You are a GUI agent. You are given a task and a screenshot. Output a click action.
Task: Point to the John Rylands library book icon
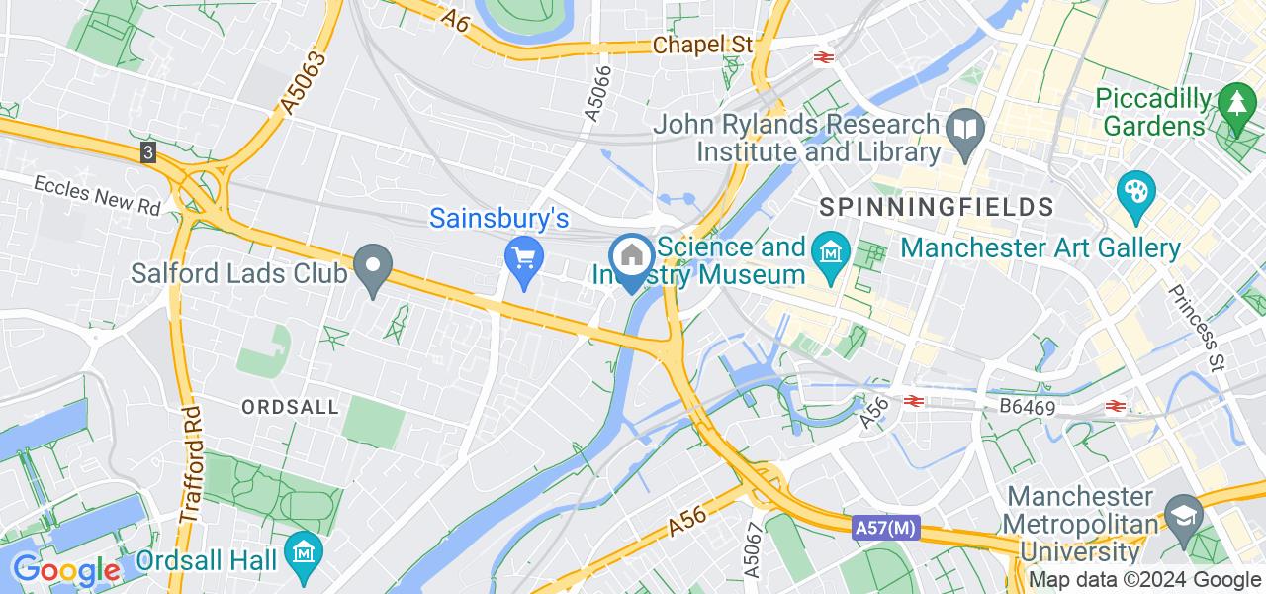coord(963,128)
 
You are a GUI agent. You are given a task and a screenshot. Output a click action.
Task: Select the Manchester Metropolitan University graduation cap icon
coord(1185,514)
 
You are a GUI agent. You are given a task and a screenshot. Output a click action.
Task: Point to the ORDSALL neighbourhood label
coord(291,407)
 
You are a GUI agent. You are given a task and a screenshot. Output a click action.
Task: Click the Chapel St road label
coord(702,46)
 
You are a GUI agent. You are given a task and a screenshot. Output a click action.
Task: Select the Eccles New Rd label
coord(97,195)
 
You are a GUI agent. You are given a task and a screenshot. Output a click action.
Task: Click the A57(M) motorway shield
coord(885,531)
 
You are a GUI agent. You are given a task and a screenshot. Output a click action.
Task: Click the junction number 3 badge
coord(147,152)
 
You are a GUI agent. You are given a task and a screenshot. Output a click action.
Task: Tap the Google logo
coord(65,571)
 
